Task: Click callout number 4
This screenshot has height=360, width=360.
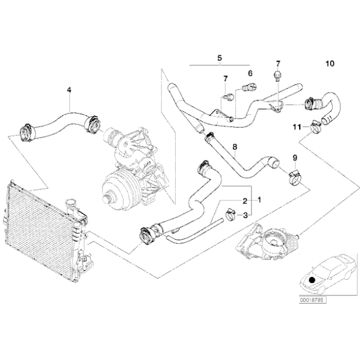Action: coord(69,90)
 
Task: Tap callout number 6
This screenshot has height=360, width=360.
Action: coord(250,73)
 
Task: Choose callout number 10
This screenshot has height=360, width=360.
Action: coord(329,64)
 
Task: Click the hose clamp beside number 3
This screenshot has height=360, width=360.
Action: coord(229,215)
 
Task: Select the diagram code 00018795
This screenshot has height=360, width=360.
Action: coord(312,300)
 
